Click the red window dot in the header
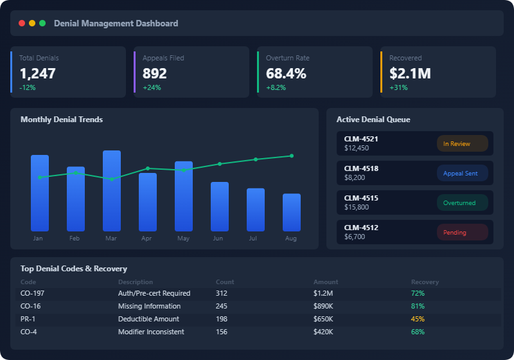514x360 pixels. [22, 23]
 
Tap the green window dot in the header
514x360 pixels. [42, 23]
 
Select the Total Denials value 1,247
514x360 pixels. [37, 73]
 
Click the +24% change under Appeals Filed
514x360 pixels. [152, 87]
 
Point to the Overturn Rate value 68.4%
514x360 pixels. [286, 73]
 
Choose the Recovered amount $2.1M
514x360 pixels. [410, 73]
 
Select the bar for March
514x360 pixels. [112, 191]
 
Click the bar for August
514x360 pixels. [292, 212]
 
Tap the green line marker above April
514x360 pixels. [148, 168]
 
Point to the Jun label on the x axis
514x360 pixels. [218, 239]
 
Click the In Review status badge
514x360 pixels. [463, 144]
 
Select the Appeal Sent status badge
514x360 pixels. [463, 174]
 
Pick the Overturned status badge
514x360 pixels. [463, 203]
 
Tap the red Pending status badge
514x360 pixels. [463, 233]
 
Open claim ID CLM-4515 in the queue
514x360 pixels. [361, 198]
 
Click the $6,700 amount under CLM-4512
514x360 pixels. [355, 237]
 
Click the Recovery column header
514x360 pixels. [425, 282]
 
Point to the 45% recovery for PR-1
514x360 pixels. [418, 319]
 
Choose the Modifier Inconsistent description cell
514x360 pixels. [151, 332]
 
